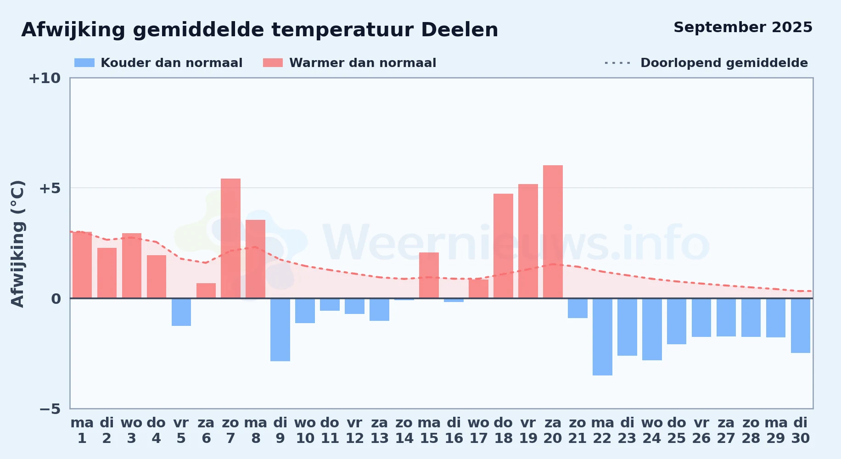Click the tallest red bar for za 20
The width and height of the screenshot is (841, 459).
click(553, 232)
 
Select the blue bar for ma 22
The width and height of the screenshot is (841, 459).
click(602, 337)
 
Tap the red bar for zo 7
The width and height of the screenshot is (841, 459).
click(230, 238)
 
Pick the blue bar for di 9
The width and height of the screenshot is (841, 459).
click(280, 330)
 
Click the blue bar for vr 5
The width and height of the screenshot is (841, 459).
click(181, 312)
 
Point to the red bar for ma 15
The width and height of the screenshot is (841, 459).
click(429, 275)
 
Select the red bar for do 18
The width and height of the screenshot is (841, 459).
click(503, 246)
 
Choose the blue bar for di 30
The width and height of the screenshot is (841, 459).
click(801, 325)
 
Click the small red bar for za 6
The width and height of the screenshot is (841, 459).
click(206, 291)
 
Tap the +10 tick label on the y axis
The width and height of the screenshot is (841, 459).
click(45, 78)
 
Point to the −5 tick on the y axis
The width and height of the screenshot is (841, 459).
click(50, 409)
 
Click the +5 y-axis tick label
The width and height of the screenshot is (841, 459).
click(50, 188)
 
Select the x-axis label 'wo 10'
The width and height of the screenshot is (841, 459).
click(305, 431)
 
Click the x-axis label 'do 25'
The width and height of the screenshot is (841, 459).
click(677, 431)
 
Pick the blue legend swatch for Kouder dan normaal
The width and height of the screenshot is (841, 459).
click(84, 63)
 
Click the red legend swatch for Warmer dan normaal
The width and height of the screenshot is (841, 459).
click(273, 63)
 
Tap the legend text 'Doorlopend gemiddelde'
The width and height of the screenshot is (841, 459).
click(724, 63)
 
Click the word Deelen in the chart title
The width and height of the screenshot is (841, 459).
click(460, 30)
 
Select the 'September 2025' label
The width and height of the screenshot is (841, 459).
click(743, 27)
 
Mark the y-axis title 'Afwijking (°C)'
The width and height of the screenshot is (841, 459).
click(17, 244)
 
